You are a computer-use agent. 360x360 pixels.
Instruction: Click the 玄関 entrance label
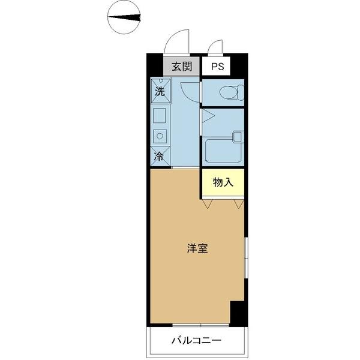tap(181, 67)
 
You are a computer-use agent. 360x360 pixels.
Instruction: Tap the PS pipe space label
tap(217, 67)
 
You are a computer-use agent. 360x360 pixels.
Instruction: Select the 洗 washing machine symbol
tap(160, 91)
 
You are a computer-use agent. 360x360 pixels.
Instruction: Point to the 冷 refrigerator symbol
tap(160, 157)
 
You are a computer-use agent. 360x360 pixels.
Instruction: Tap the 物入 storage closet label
tap(223, 182)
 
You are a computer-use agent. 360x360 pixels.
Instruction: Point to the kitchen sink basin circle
tap(160, 135)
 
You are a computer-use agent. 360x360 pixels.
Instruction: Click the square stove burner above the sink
tap(160, 115)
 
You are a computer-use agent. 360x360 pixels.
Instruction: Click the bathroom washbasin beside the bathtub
tap(237, 136)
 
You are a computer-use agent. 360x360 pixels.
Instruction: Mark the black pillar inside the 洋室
tap(238, 312)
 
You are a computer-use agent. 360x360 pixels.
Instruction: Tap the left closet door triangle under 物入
tap(208, 205)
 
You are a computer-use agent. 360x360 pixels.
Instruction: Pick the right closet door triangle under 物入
tap(238, 205)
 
